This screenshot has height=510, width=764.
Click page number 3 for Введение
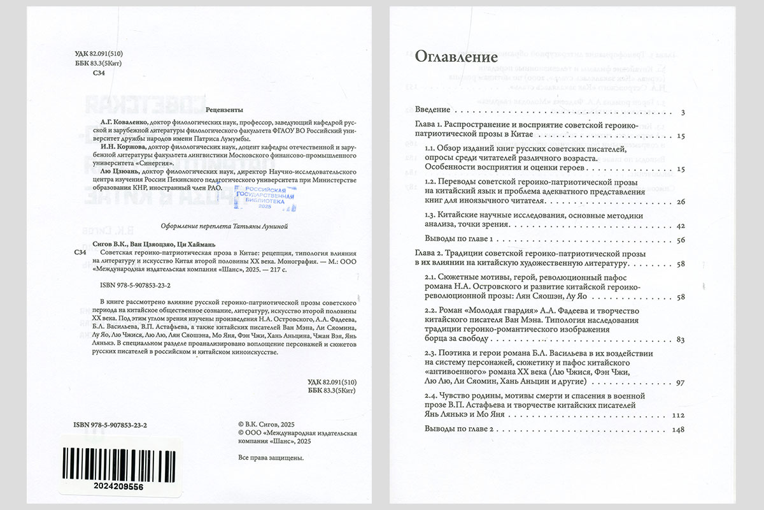coord(682,113)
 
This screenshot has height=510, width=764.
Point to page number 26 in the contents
coord(680,202)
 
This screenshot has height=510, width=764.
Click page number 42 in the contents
coord(680,226)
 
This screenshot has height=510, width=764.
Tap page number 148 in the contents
coord(677,430)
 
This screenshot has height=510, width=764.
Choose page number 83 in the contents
coord(680,339)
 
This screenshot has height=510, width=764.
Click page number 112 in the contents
coord(677,415)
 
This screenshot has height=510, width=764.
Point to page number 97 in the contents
coord(680,382)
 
